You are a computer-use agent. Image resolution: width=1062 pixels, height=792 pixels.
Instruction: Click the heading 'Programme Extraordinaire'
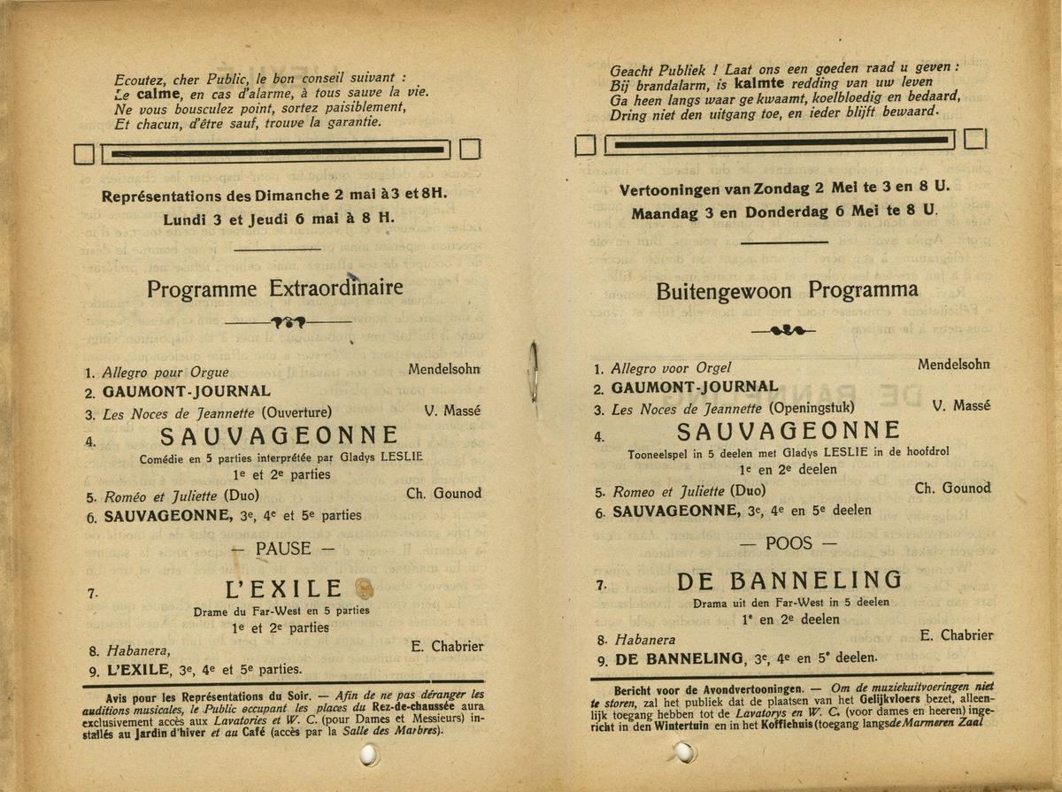(x=274, y=288)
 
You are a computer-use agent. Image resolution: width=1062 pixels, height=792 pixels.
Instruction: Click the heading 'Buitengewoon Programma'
(x=787, y=290)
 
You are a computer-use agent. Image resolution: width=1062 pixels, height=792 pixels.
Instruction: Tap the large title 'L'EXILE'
(x=284, y=588)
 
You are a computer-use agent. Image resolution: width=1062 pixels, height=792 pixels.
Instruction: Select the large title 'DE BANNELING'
(x=789, y=581)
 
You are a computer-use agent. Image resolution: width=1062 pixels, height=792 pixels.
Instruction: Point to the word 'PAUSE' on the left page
(x=283, y=549)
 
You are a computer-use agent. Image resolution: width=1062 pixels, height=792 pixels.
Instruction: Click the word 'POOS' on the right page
(x=788, y=542)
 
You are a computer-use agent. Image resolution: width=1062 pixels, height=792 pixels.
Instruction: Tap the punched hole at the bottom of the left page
(x=369, y=754)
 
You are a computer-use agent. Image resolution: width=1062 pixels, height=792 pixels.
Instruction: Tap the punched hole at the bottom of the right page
(x=683, y=752)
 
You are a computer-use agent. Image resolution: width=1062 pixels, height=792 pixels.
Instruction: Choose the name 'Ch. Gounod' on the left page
(x=444, y=493)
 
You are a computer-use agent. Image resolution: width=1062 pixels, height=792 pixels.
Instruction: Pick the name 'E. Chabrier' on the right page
(x=957, y=635)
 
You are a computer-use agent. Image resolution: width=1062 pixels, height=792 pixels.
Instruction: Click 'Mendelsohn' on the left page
(x=444, y=368)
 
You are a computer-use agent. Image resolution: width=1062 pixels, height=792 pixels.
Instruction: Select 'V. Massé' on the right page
(x=961, y=406)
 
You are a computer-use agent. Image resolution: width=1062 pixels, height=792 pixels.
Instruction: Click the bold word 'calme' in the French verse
(x=158, y=94)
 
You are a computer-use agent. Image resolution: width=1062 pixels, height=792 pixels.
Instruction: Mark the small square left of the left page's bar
(x=84, y=154)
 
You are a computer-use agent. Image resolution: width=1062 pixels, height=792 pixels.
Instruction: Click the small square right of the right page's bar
(x=975, y=139)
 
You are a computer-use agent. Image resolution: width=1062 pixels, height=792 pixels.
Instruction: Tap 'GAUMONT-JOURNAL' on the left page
(x=187, y=391)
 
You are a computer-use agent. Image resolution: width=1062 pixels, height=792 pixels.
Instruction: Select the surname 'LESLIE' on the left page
(x=402, y=458)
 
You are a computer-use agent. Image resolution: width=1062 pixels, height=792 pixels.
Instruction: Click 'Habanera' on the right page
(x=644, y=640)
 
